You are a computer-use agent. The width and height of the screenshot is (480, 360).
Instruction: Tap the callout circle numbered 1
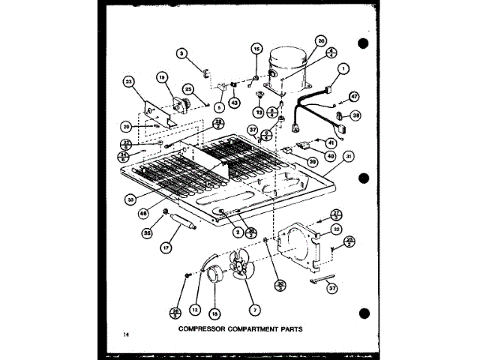pos(343,70)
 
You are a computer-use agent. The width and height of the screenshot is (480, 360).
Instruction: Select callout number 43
pos(234,102)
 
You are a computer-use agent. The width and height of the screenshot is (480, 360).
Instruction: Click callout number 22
pos(337,229)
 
